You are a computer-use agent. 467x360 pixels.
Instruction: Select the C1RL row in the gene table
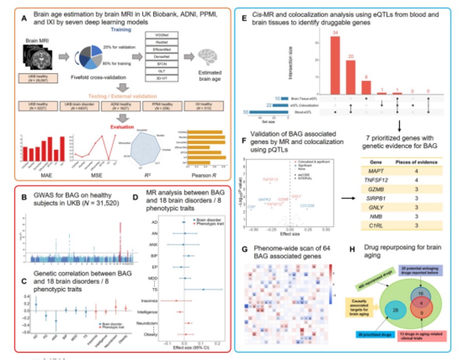pyautogui.click(x=410, y=225)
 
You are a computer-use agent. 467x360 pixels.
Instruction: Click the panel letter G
pyautogui.click(x=245, y=250)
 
